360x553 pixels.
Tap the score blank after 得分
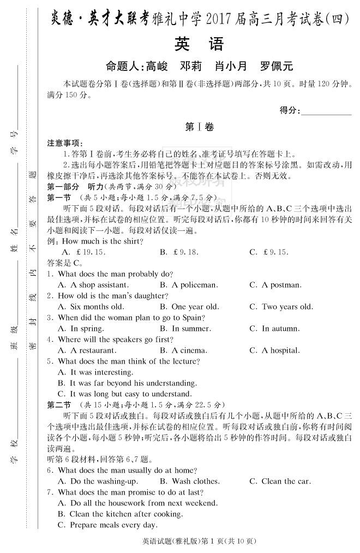pos(326,111)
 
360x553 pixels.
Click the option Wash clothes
pos(190,481)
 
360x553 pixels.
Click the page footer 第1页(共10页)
pos(221,542)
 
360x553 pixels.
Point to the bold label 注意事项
pos(63,143)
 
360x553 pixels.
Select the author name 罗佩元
pos(277,67)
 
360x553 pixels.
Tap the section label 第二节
pos(59,405)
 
